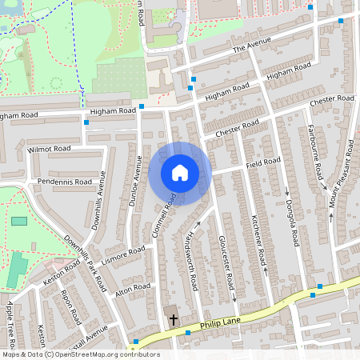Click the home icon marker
coord(180,173)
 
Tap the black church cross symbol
coord(173,319)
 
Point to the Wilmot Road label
coord(49,149)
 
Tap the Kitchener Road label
coord(258,241)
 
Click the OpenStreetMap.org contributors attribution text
coord(107,354)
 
